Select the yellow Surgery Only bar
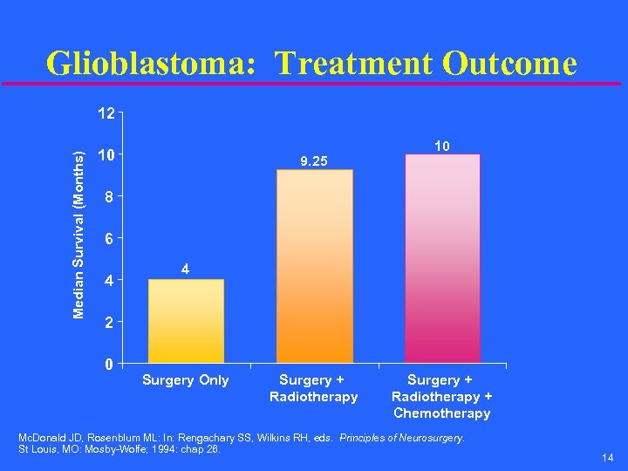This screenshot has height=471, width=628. tap(186, 320)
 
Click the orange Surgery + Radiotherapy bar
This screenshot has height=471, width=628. tap(314, 265)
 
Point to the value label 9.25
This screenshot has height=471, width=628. tap(314, 161)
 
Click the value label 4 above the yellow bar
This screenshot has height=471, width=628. tap(186, 270)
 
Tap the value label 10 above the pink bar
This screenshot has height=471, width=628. tap(442, 147)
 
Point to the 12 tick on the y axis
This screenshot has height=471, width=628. tap(106, 113)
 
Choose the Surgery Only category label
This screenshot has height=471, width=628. tap(186, 380)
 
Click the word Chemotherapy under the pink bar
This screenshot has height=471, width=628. tap(442, 413)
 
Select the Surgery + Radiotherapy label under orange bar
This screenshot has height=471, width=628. tap(314, 388)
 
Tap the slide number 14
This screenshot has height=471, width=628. tap(607, 458)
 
